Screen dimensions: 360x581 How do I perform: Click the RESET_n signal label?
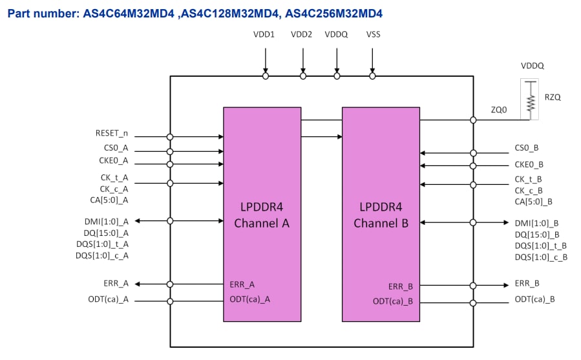[x=111, y=134]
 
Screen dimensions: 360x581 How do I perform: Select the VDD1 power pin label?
[x=264, y=35]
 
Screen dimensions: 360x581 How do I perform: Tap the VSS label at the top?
[x=373, y=35]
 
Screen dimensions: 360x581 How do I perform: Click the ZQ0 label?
[x=499, y=110]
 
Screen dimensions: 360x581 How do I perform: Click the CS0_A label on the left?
[x=116, y=148]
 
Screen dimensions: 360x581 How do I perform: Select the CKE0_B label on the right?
[x=529, y=165]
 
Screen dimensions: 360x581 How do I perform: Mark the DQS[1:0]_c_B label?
[x=541, y=257]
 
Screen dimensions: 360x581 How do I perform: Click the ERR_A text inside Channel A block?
[x=242, y=284]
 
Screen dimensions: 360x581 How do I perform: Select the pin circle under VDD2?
[x=303, y=76]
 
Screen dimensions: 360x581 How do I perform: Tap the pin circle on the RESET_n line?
[x=170, y=137]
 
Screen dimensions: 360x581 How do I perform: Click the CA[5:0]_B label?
[x=534, y=202]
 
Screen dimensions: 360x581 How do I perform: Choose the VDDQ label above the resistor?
[x=533, y=66]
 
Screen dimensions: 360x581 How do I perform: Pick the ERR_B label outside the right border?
[x=527, y=283]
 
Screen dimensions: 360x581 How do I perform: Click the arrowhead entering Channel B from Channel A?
[x=339, y=136]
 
